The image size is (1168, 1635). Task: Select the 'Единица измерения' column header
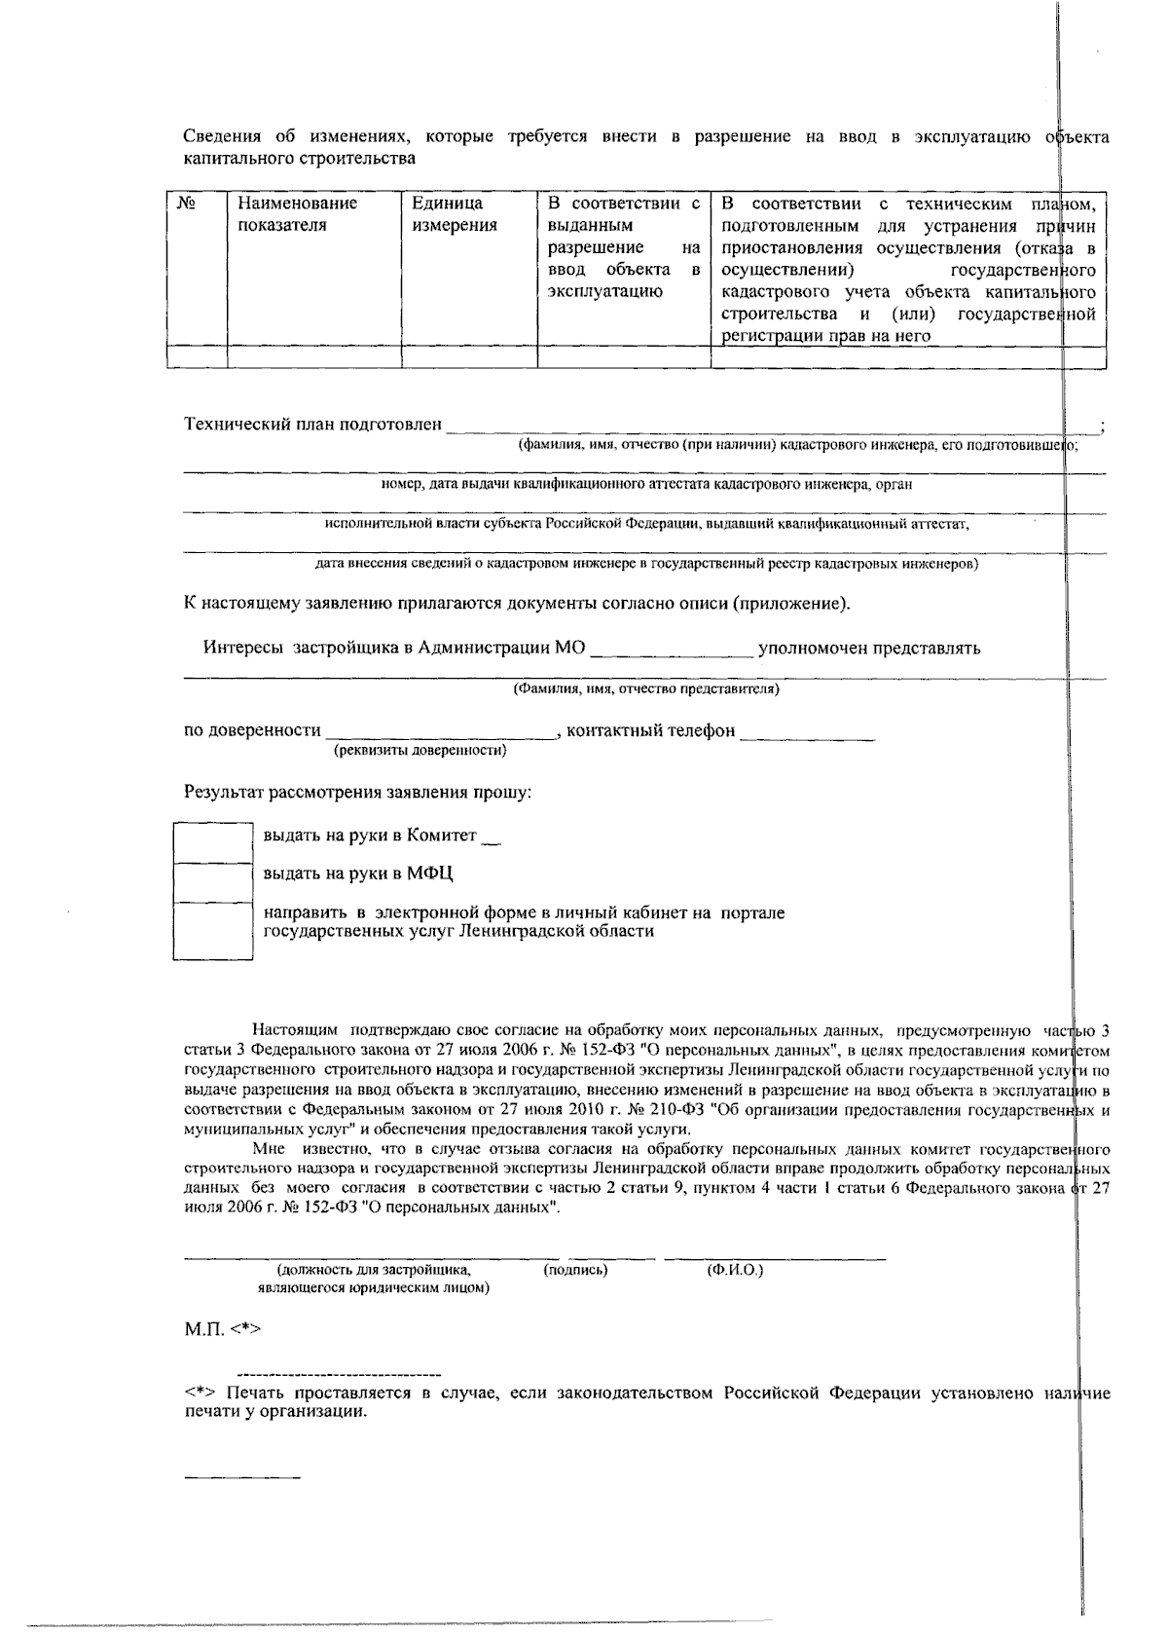[x=454, y=214]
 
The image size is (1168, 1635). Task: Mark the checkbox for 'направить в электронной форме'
[x=213, y=930]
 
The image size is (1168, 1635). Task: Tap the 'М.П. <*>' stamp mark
[x=223, y=1328]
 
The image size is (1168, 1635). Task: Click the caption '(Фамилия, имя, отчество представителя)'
[x=646, y=688]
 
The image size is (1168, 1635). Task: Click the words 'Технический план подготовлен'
[x=312, y=425]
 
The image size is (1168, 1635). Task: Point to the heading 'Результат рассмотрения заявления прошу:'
[x=358, y=792]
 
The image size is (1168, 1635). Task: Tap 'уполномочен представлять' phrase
[x=869, y=648]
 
